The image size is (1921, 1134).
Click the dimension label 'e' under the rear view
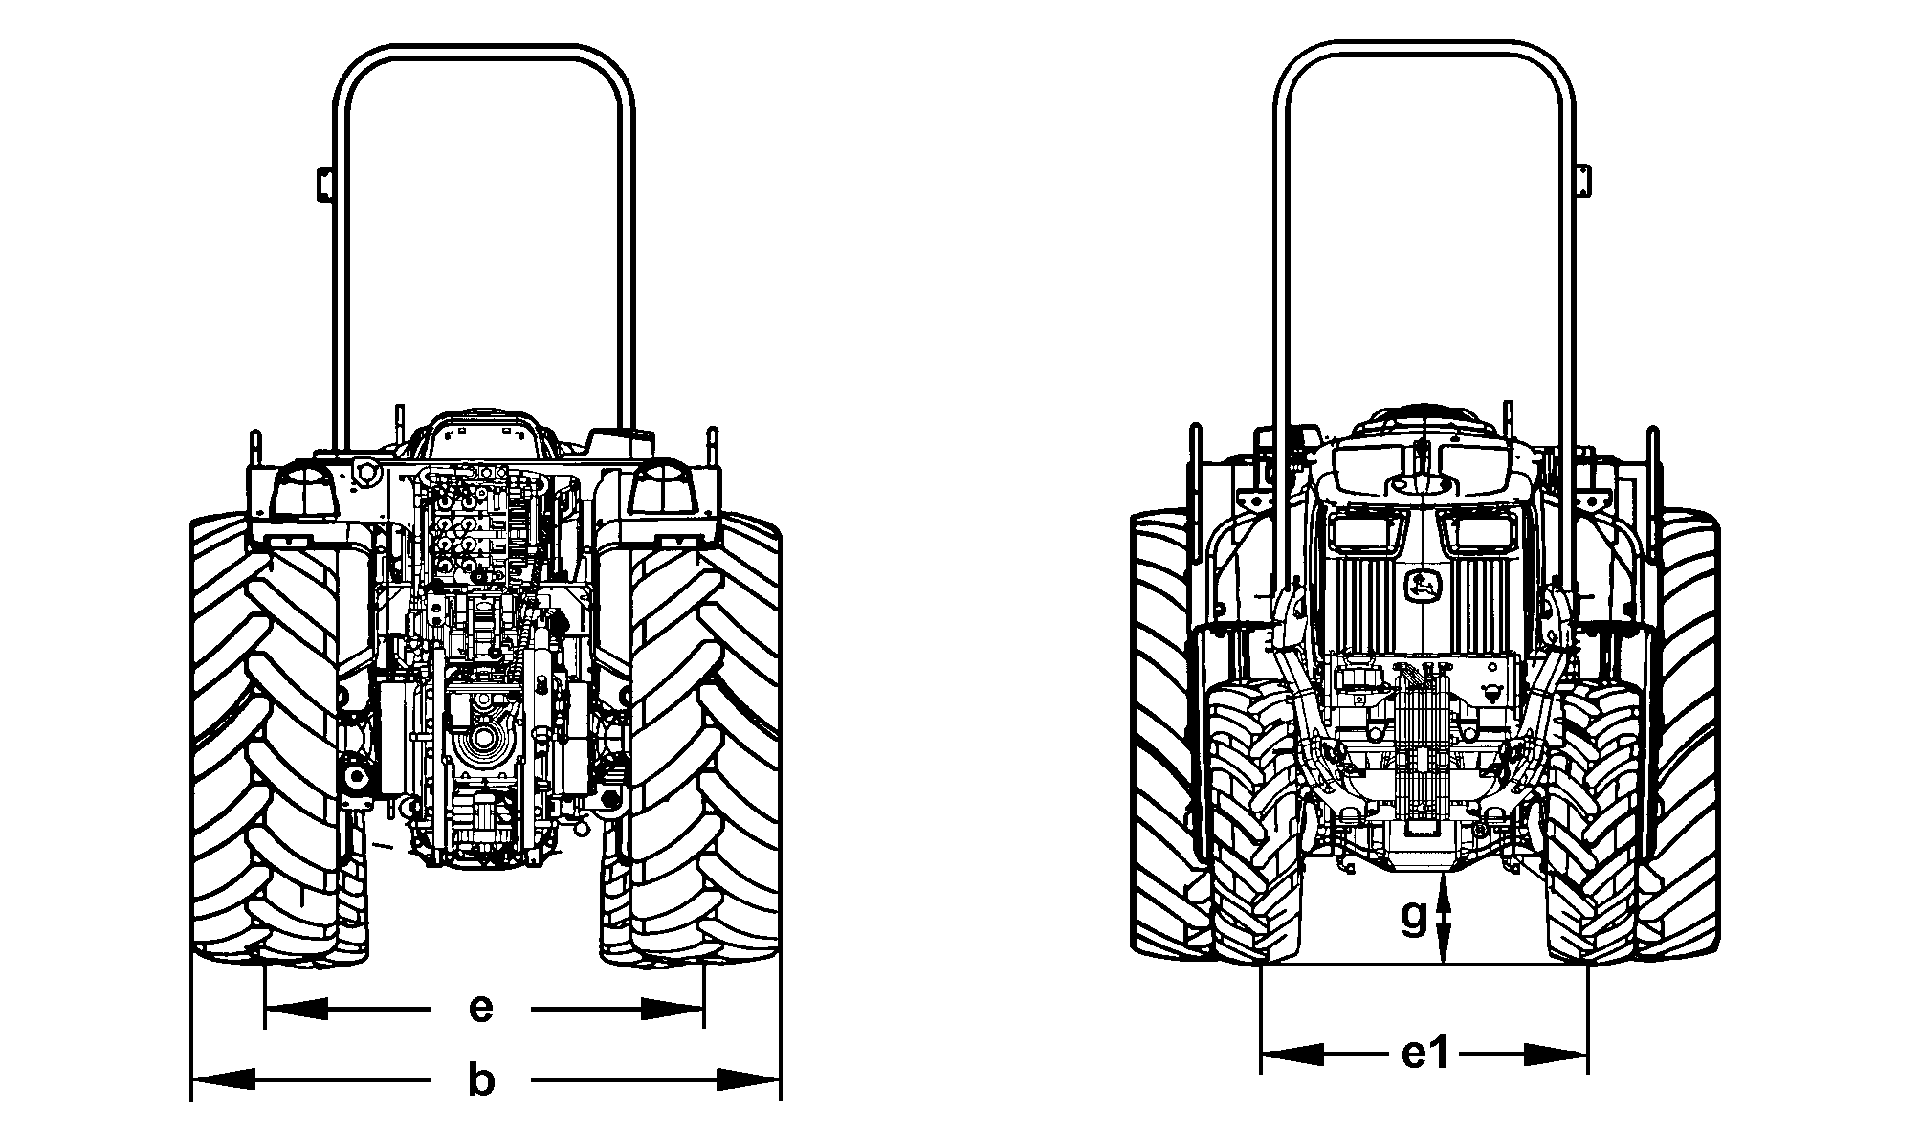tap(481, 1009)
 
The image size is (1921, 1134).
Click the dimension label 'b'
tap(481, 1080)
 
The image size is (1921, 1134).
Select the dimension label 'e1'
tap(1425, 1055)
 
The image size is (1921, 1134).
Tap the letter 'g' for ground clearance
tap(1414, 917)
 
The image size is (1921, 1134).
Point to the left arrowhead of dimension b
tap(224, 1080)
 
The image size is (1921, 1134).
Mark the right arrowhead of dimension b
tap(749, 1080)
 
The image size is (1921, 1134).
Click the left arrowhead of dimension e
tap(296, 1009)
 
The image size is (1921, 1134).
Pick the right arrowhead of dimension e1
tap(1557, 1055)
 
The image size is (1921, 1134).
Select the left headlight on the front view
tap(1362, 531)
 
